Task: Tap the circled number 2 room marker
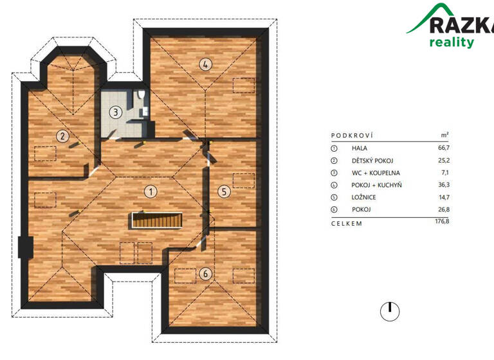[62, 136]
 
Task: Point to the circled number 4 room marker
[205, 64]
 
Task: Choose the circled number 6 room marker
[205, 274]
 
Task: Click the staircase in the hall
[158, 220]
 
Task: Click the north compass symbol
[389, 311]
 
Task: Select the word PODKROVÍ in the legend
[352, 136]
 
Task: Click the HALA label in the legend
[360, 148]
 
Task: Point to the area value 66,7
[443, 148]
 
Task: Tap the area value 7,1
[444, 172]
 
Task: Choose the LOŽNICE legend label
[365, 197]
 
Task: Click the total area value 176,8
[441, 222]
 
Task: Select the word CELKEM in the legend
[347, 223]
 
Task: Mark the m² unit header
[444, 136]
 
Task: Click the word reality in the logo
[452, 42]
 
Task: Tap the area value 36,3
[443, 185]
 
